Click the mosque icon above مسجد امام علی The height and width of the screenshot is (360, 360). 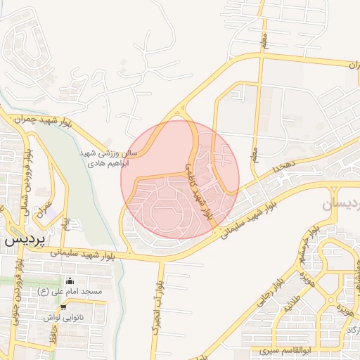coord(70,280)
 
